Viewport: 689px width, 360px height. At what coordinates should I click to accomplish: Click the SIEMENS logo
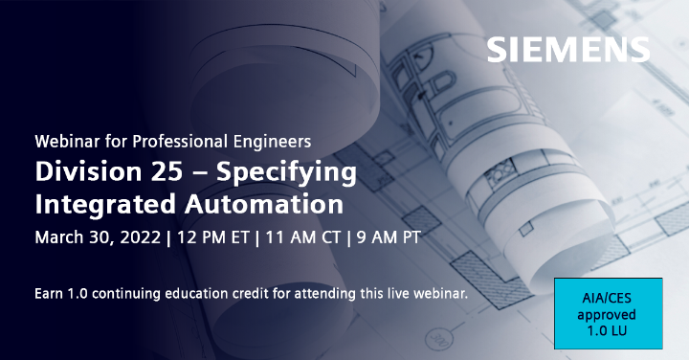pos(567,50)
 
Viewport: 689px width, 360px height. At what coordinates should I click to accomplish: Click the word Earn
pos(49,293)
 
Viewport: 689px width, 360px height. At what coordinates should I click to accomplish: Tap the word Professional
pos(180,141)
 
